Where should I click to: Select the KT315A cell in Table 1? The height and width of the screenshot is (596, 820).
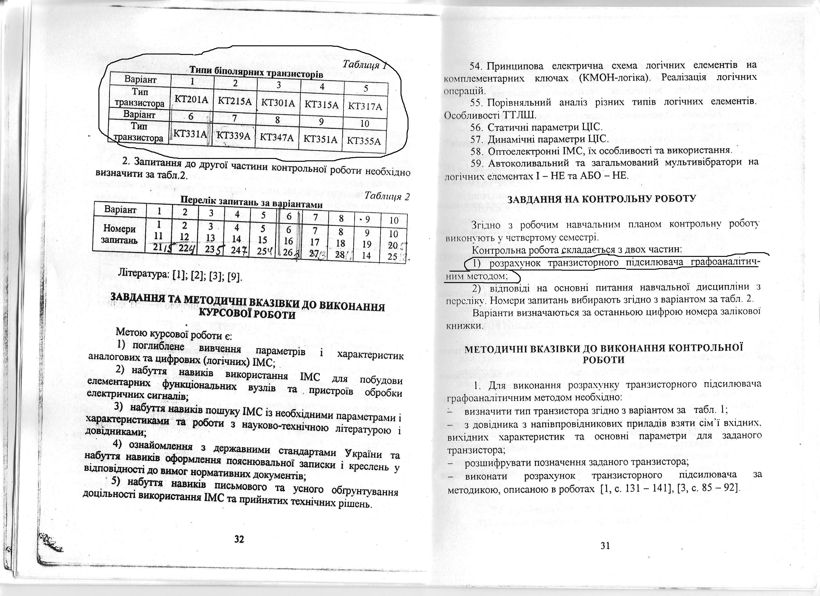pos(322,105)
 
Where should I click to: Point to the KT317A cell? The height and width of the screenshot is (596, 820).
pos(365,107)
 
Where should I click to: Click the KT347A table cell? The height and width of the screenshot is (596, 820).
pos(277,137)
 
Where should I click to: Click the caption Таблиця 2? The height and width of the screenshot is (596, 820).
pos(387,197)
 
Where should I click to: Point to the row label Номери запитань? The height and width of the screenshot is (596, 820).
pos(120,234)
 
